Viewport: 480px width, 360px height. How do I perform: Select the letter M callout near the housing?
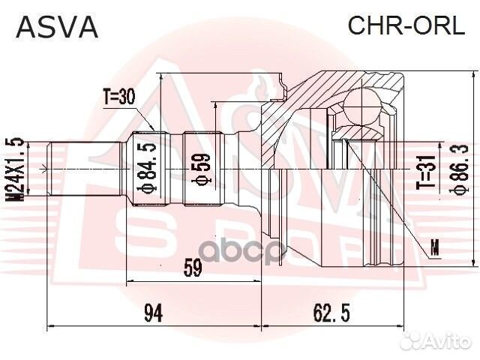click(x=436, y=245)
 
